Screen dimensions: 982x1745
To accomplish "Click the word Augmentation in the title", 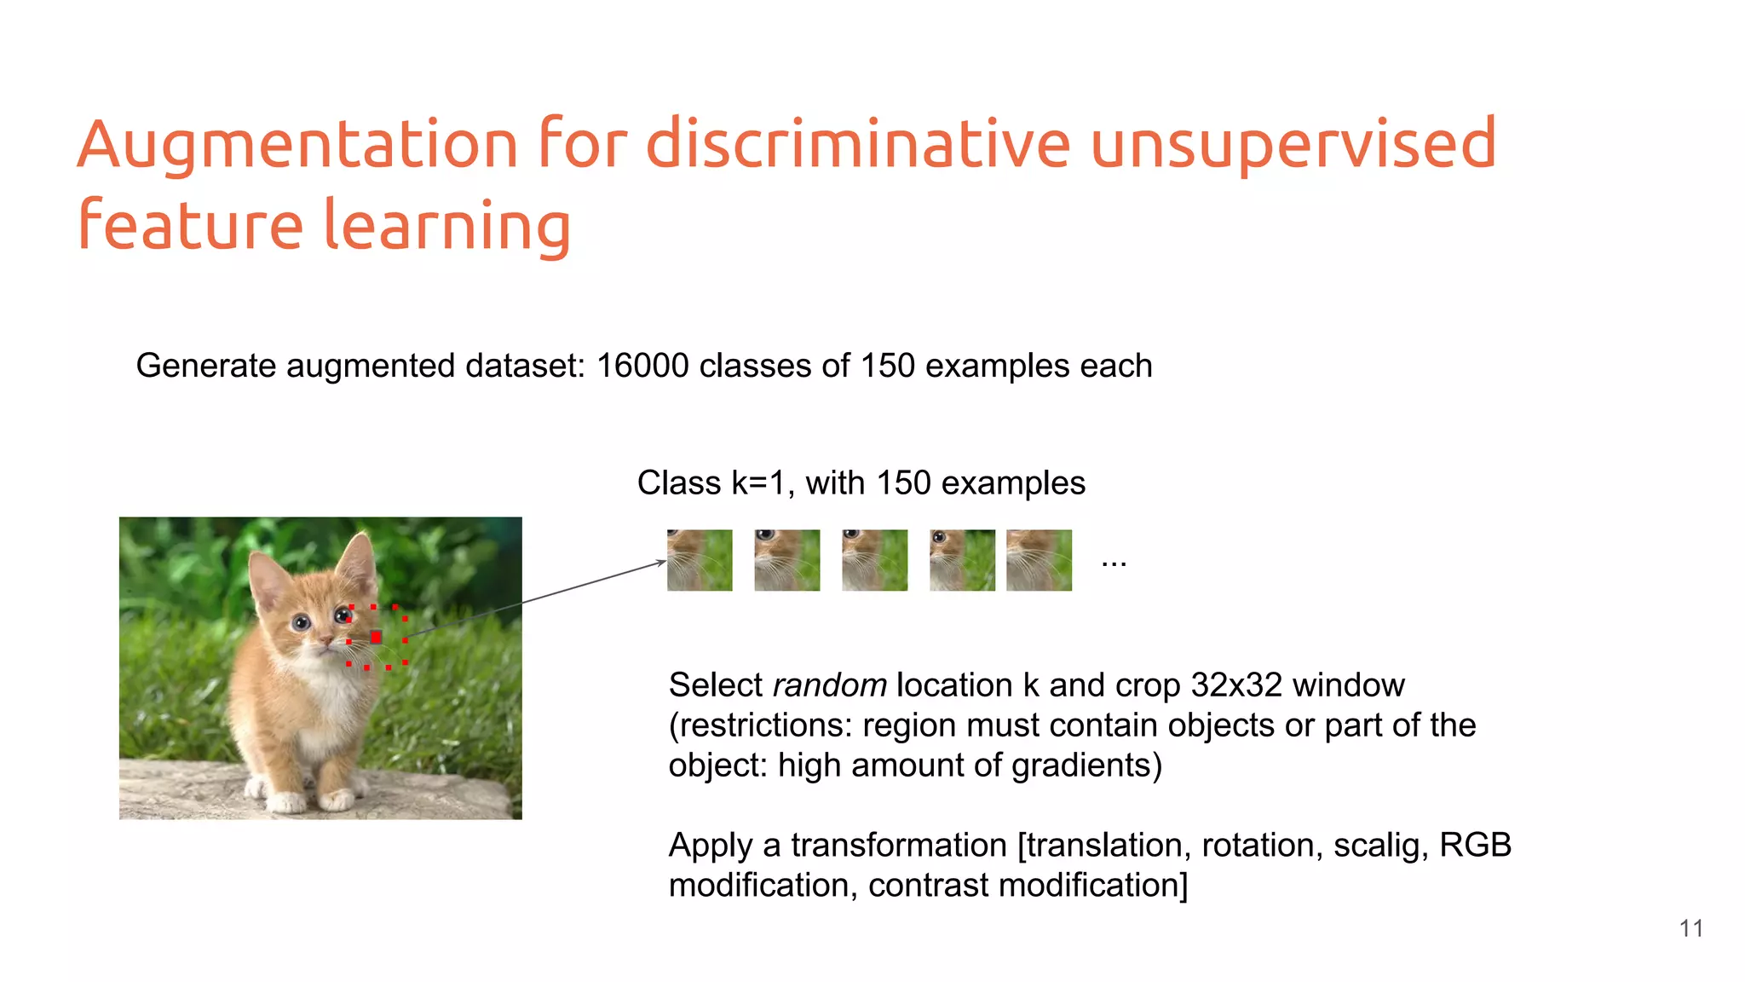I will (297, 145).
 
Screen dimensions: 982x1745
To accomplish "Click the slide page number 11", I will (1690, 928).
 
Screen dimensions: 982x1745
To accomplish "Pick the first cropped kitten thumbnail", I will (700, 560).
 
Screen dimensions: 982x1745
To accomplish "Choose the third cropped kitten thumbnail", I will (874, 560).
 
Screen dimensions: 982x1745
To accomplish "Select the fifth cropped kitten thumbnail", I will (1039, 560).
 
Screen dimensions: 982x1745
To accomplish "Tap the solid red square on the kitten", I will (376, 637).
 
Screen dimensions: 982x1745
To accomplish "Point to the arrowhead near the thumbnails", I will (661, 562).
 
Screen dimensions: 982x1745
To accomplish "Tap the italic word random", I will (830, 685).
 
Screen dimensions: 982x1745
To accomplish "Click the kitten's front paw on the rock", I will (285, 802).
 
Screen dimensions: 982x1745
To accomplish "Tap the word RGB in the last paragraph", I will (1475, 846).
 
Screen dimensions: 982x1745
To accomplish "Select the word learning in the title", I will (446, 227).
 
